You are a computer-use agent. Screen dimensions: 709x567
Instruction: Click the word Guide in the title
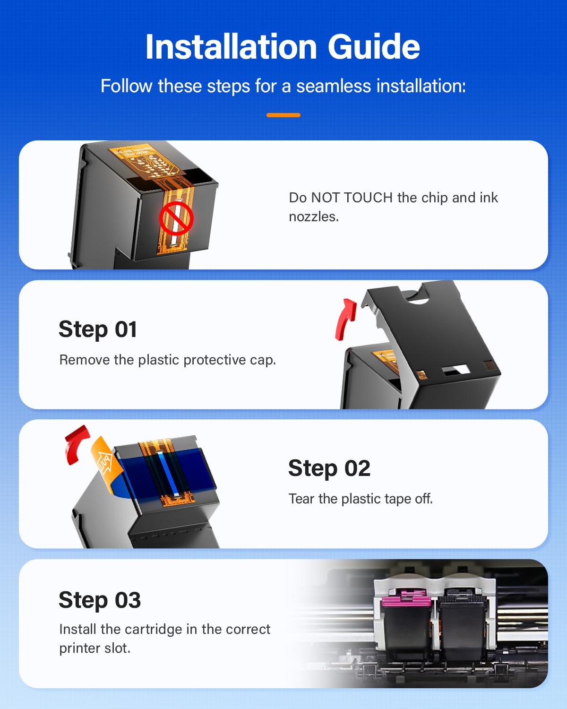pyautogui.click(x=373, y=47)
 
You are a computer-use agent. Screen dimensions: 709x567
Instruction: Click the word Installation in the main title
pyautogui.click(x=231, y=47)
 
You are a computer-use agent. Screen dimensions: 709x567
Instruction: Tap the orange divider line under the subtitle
pyautogui.click(x=283, y=115)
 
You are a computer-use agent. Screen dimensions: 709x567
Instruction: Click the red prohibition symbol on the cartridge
pyautogui.click(x=176, y=218)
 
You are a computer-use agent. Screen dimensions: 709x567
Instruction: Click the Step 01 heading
pyautogui.click(x=98, y=329)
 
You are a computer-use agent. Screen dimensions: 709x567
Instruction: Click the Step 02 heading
pyautogui.click(x=329, y=468)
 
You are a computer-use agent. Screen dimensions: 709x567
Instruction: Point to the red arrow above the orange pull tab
pyautogui.click(x=76, y=444)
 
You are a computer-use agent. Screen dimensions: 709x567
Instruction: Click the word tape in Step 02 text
pyautogui.click(x=398, y=499)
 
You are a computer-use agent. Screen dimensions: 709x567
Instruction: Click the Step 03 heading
pyautogui.click(x=100, y=600)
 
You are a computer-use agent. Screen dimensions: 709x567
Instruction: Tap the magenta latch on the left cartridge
pyautogui.click(x=405, y=599)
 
